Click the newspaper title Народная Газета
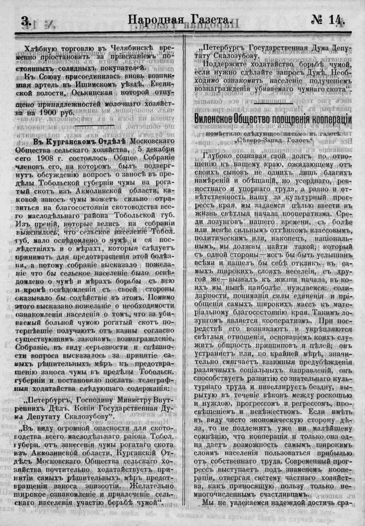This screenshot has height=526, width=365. [180, 20]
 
